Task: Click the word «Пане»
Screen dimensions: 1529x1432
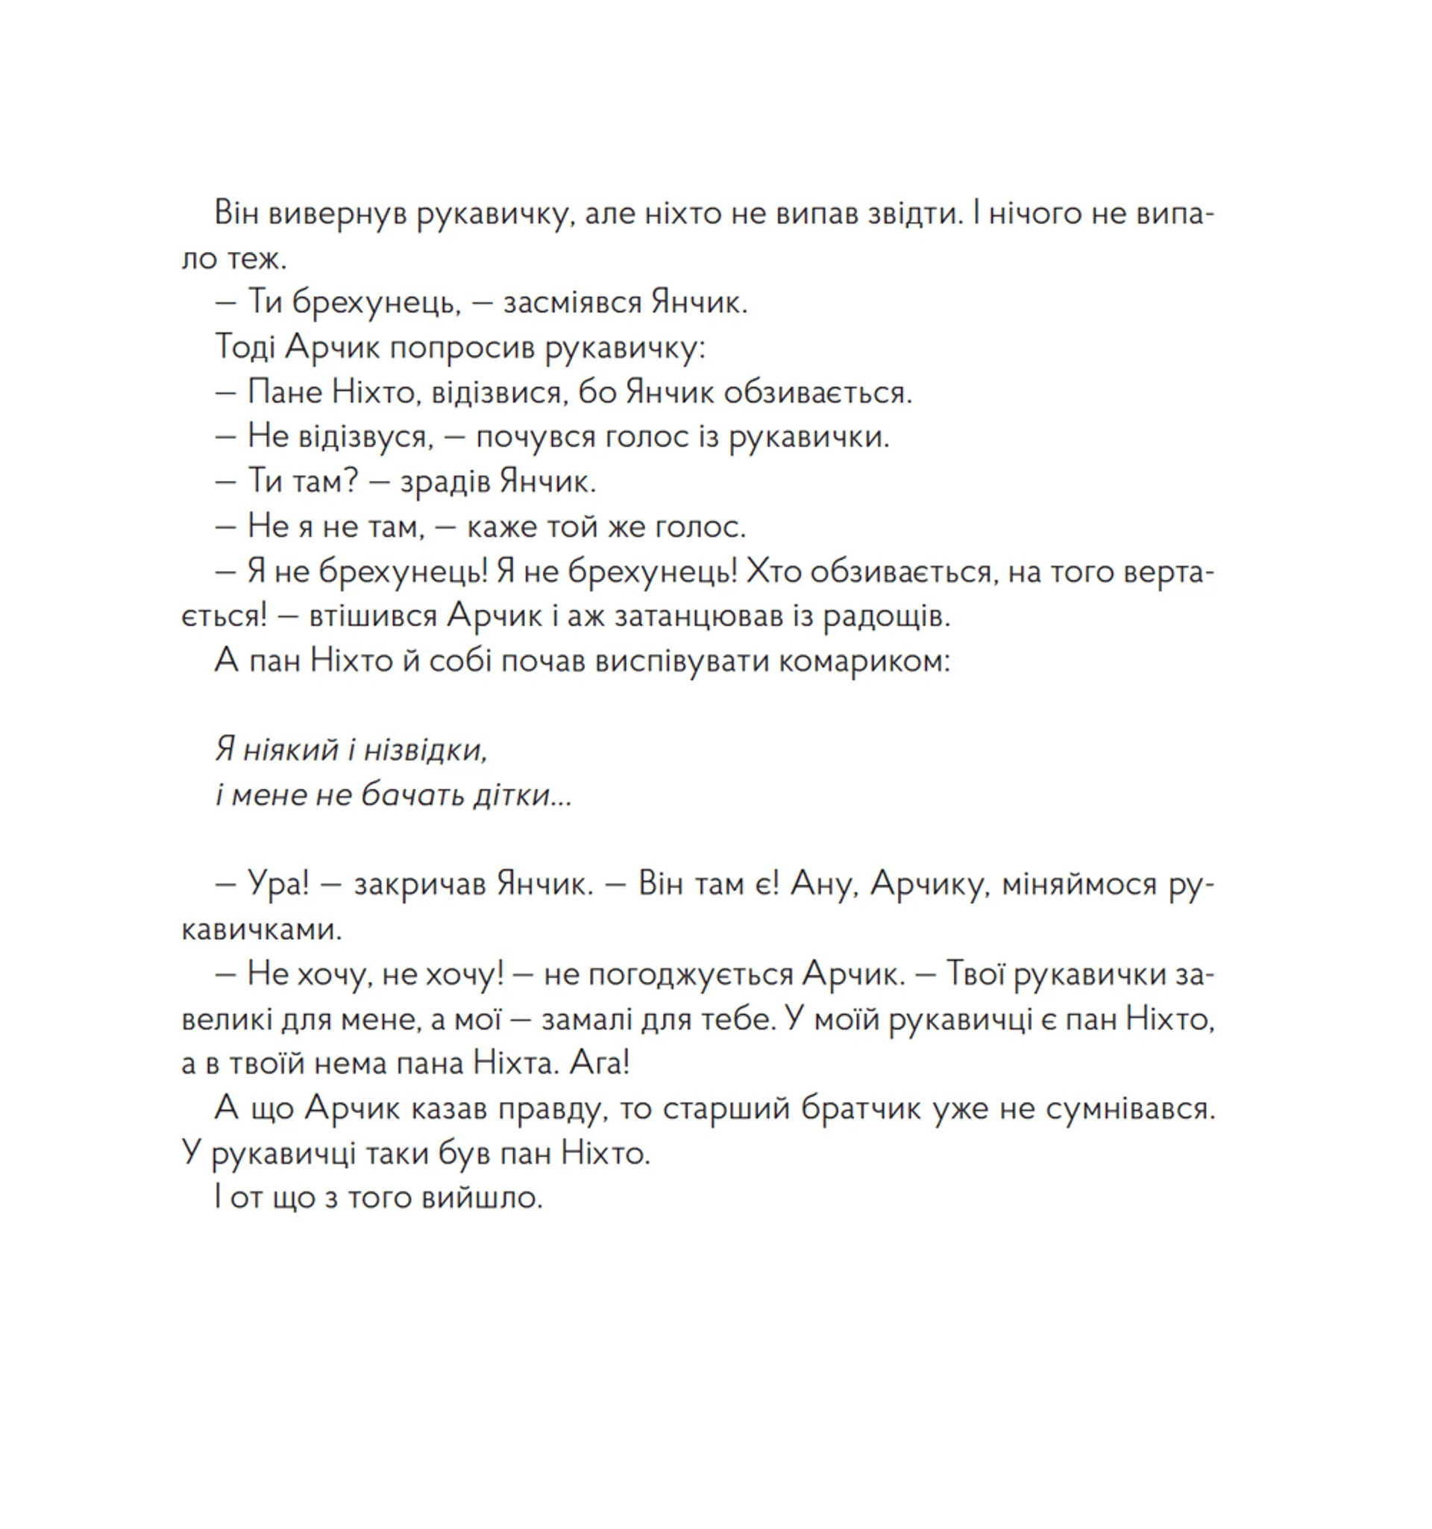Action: [285, 393]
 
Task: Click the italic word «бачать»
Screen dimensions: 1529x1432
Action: [412, 795]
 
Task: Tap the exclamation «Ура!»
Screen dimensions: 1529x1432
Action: [277, 884]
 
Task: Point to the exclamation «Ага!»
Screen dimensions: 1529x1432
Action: [600, 1065]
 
